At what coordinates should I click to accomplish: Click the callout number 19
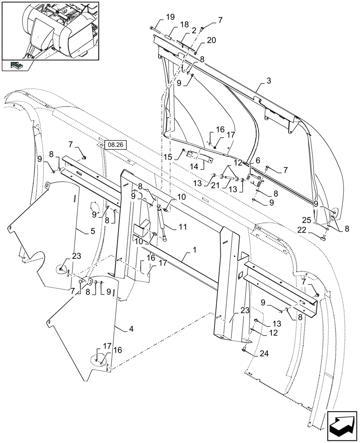(x=171, y=17)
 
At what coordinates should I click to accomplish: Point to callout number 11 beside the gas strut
(x=182, y=227)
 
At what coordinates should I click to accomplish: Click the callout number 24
(x=252, y=354)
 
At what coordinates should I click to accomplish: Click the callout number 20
(x=211, y=40)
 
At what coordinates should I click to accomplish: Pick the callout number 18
(x=184, y=24)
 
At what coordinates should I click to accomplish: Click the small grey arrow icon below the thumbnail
(x=16, y=65)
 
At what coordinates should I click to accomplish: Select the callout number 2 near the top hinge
(x=194, y=30)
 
